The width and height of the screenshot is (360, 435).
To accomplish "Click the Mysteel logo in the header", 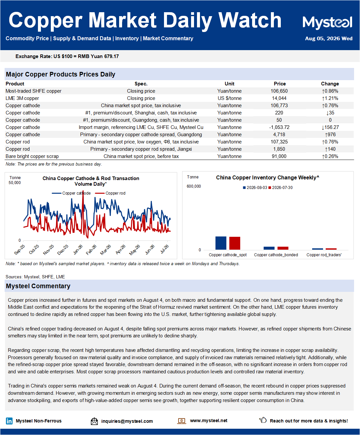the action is click(327, 23).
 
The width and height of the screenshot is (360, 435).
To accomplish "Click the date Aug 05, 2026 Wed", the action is click(329, 39).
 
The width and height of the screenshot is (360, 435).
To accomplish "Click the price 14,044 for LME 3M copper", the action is click(279, 98).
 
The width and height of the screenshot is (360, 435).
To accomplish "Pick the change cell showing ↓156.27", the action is click(330, 127).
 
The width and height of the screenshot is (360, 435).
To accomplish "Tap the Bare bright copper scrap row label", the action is click(32, 156).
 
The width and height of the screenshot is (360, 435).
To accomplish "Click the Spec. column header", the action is click(141, 84).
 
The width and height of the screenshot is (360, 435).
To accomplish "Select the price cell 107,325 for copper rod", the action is click(279, 142).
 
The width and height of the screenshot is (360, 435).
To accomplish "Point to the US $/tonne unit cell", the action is click(230, 98).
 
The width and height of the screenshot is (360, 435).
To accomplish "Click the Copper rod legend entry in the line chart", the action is click(110, 193).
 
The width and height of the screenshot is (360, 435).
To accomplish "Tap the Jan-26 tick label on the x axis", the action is click(78, 250).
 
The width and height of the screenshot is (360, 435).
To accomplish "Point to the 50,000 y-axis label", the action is click(15, 183).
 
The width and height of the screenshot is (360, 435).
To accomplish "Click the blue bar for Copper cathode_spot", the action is click(221, 243).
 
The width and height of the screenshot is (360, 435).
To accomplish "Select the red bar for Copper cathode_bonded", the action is click(283, 248).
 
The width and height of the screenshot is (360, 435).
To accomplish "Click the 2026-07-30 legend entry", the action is click(280, 188).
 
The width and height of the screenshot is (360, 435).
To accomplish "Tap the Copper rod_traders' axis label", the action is click(324, 255).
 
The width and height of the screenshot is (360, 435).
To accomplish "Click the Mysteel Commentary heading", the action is click(38, 286).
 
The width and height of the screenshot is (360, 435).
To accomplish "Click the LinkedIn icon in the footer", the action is click(9, 421).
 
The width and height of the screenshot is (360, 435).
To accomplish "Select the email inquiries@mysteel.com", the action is click(127, 421).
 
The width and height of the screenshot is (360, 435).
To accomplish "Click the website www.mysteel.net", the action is click(209, 420).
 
